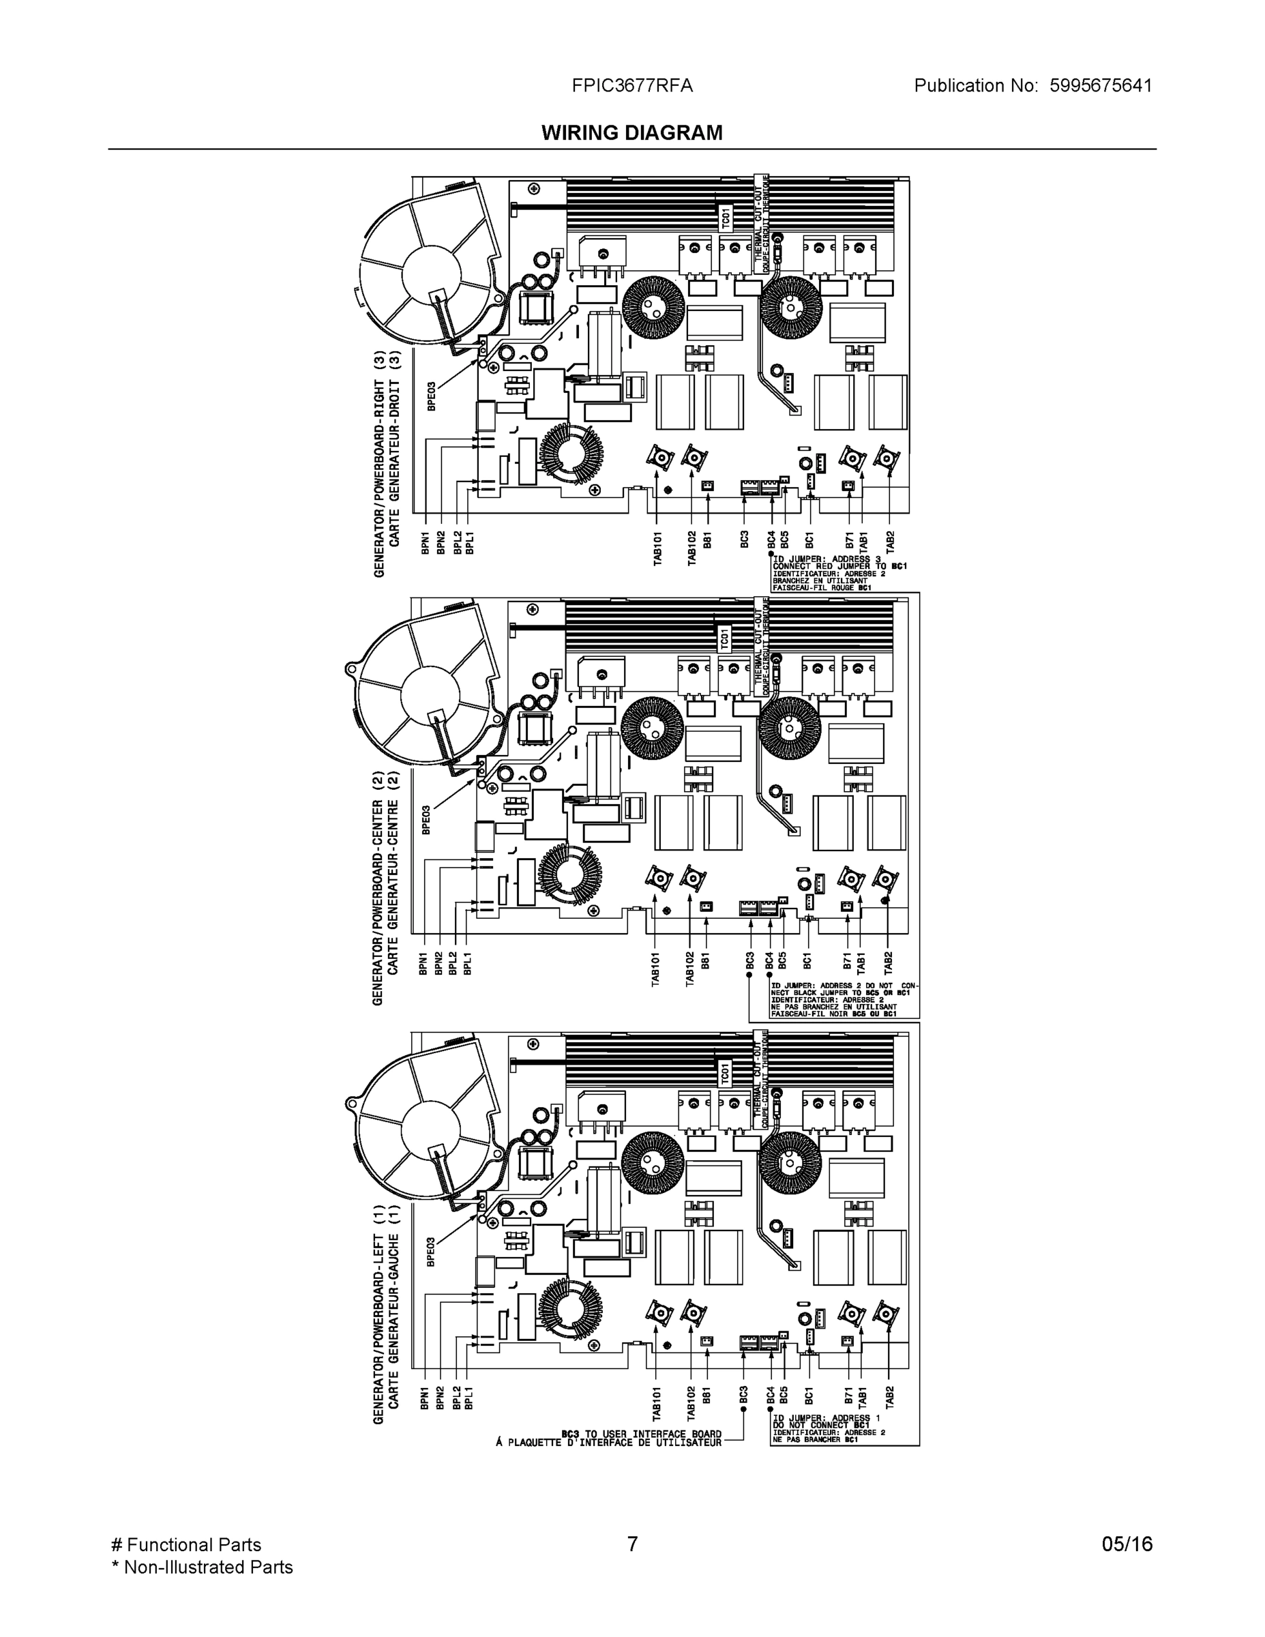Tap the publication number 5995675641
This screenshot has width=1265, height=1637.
(1100, 86)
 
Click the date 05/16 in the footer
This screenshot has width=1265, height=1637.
(1127, 1544)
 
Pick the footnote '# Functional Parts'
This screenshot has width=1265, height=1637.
(186, 1545)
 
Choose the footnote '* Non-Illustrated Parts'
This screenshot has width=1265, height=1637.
(202, 1567)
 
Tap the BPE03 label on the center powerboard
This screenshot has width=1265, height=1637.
(426, 820)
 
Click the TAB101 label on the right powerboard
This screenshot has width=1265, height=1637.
(657, 548)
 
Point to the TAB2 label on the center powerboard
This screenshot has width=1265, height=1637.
(888, 962)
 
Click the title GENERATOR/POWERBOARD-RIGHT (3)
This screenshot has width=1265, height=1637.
(379, 463)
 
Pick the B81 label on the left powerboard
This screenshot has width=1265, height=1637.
(706, 1395)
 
